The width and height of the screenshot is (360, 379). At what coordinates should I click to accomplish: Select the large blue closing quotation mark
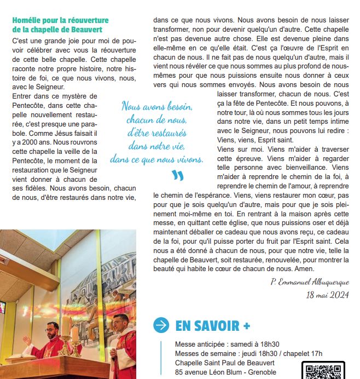click(x=177, y=176)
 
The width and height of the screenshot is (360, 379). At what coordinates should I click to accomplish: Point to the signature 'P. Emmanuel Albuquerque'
click(x=310, y=282)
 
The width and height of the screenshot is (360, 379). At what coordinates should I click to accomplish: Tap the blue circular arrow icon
click(x=161, y=325)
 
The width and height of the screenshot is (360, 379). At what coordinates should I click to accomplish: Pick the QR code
click(x=323, y=371)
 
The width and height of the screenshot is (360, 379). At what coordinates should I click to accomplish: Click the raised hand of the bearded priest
click(x=26, y=339)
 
